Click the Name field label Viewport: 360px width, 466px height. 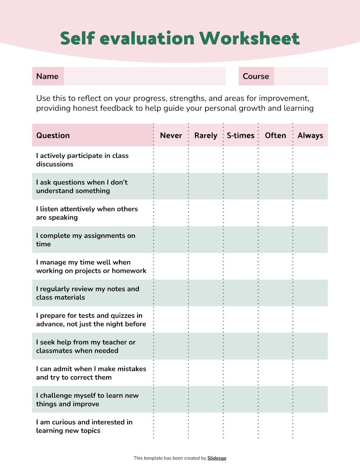point(47,76)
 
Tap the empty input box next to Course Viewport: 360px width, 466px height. point(301,76)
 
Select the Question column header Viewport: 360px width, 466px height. point(53,135)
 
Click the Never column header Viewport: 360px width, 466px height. point(171,135)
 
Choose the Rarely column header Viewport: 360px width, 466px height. point(206,135)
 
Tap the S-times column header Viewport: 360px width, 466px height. point(240,135)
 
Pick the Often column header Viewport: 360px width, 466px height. point(275,135)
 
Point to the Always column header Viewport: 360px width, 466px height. point(310,135)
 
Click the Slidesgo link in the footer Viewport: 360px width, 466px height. point(217,458)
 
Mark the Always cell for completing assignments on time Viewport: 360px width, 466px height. point(310,239)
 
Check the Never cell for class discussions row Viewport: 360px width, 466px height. point(171,160)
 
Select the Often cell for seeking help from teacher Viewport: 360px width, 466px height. point(275,346)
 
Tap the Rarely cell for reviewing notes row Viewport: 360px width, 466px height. point(206,293)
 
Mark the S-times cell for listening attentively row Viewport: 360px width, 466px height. point(240,213)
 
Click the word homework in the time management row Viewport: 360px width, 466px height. point(129,271)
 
